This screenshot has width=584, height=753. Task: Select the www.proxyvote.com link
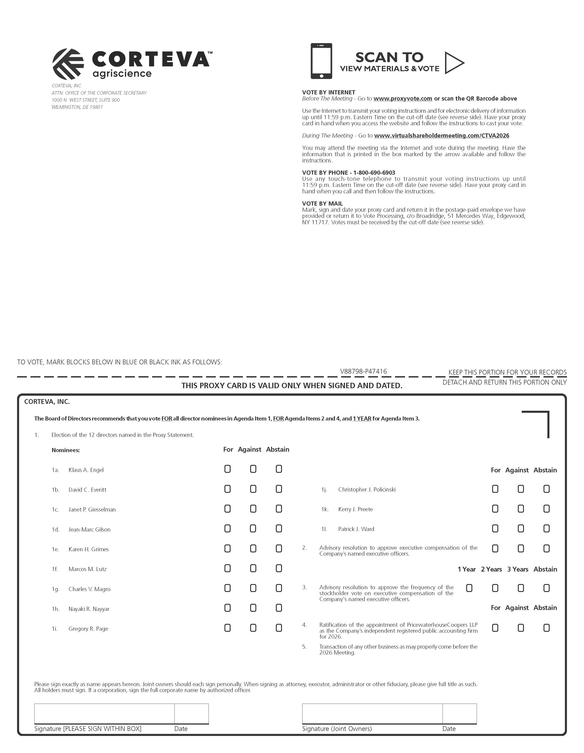tap(403, 99)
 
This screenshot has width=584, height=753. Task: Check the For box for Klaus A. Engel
tap(227, 469)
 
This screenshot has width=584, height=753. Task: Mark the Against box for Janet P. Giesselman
tap(253, 509)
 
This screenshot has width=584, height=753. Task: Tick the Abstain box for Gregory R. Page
tap(279, 628)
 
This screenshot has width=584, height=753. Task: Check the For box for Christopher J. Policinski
tap(495, 489)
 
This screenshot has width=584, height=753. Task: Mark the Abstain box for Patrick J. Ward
tap(546, 529)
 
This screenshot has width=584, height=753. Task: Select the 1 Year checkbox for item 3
tap(469, 588)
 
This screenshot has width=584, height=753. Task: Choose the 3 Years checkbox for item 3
tap(521, 588)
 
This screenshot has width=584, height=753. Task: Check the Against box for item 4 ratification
tap(521, 628)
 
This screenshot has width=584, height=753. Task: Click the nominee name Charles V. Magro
tap(89, 589)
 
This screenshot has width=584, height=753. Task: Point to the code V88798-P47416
tap(363, 371)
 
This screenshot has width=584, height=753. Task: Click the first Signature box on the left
tap(104, 714)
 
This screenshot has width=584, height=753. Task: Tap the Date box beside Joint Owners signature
tap(460, 714)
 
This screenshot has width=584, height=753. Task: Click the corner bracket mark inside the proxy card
tap(538, 422)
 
